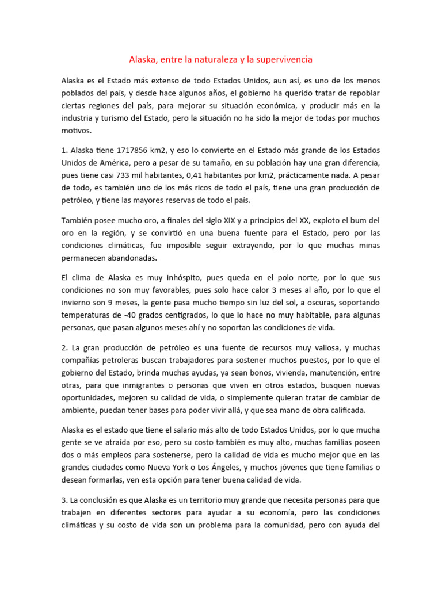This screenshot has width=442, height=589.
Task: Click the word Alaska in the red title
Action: tap(142, 59)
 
